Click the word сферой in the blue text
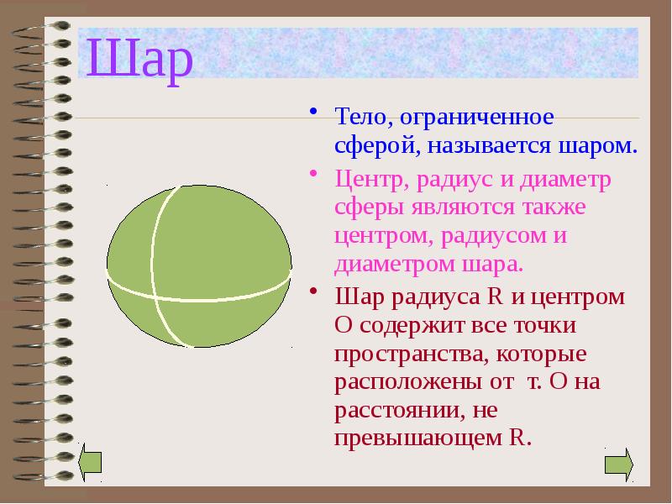pos(372,144)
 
